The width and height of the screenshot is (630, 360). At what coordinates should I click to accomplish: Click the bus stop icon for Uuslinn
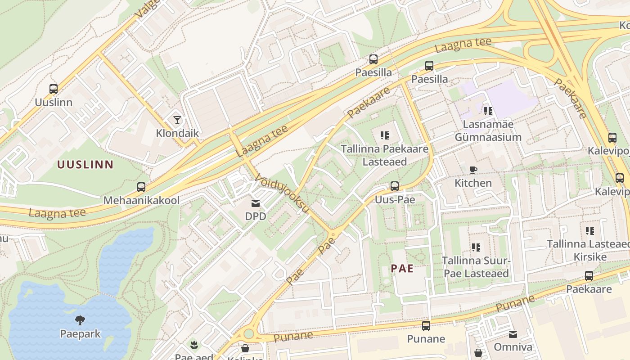pos(54,89)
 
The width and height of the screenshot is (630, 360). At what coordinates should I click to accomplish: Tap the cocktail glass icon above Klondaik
pos(177,120)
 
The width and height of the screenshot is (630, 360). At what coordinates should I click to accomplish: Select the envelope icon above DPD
pos(256,203)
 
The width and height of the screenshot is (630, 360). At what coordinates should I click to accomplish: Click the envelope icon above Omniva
pos(513,334)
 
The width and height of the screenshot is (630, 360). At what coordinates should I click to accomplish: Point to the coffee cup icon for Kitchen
pos(473,170)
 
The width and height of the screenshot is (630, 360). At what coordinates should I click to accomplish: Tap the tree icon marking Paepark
pos(81,320)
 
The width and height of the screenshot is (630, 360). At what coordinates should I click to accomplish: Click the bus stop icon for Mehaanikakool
pos(141,187)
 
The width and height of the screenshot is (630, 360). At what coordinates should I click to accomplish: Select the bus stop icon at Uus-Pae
pos(395,186)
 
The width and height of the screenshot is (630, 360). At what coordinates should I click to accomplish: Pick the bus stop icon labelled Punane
pos(426,325)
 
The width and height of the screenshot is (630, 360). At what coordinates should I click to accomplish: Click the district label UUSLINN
pos(85,165)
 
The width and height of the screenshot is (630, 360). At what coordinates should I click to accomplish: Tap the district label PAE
pos(402,269)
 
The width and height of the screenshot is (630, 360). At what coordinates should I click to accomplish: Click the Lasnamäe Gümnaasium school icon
pos(488,111)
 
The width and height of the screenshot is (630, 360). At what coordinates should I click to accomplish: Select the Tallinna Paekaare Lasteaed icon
pos(384,135)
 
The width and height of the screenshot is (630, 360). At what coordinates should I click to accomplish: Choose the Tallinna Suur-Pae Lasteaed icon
pos(476,247)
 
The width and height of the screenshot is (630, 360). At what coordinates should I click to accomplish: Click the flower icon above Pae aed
pos(194,345)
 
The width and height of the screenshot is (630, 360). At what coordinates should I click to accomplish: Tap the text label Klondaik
pos(177,133)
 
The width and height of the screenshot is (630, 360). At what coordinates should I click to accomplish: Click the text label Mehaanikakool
pos(141,200)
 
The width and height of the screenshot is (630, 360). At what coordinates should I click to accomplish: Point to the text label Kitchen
pos(473,183)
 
